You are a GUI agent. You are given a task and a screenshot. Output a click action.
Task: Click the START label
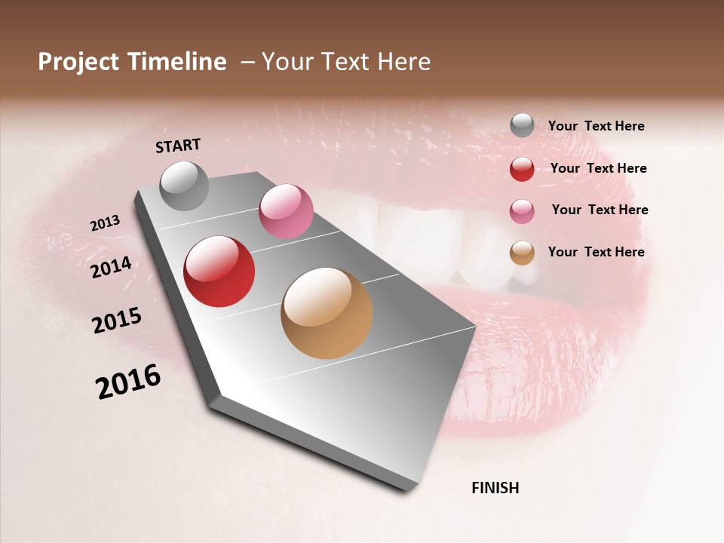tap(178, 146)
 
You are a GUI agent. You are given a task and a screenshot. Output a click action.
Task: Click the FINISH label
tap(495, 488)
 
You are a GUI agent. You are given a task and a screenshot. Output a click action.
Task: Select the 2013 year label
tap(105, 222)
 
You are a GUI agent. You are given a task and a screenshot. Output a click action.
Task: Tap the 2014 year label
tap(111, 267)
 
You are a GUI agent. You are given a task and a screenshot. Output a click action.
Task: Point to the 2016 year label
tap(128, 382)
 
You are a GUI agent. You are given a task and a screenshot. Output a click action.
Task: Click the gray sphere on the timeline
tap(184, 186)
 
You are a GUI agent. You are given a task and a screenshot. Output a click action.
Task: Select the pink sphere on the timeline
tap(286, 211)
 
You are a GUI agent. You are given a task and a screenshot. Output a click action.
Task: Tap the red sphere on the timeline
tap(219, 271)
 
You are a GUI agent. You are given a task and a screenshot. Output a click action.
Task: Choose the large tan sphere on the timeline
tap(327, 313)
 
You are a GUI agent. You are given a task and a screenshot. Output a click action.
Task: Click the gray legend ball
tap(522, 125)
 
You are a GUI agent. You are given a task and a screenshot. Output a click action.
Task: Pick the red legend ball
tap(522, 169)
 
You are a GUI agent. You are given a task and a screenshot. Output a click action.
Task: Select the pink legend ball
tap(522, 210)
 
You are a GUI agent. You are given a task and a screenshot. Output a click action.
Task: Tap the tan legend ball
tap(522, 253)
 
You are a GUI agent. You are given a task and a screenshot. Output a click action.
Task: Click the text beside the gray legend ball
tap(596, 126)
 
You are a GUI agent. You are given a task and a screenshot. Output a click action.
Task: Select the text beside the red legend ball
tap(598, 168)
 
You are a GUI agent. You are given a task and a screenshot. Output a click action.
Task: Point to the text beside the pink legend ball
tap(600, 210)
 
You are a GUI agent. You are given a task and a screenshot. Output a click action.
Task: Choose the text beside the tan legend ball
tap(596, 252)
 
